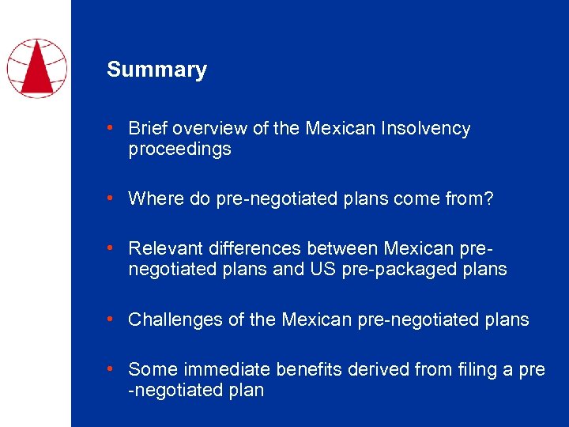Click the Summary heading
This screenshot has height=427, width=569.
156,70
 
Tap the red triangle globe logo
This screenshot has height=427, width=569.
36,67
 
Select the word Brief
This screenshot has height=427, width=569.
148,128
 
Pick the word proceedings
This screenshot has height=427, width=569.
179,149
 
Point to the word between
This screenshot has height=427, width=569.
342,248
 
